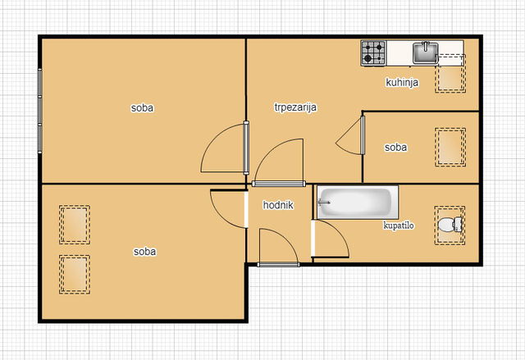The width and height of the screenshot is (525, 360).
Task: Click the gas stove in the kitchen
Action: [x=373, y=53]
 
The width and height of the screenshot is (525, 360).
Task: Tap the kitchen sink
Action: [x=425, y=52]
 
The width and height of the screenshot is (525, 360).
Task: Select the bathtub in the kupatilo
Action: [x=358, y=203]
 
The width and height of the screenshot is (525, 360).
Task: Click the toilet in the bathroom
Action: [x=450, y=225]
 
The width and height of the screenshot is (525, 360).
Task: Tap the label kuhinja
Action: [x=402, y=82]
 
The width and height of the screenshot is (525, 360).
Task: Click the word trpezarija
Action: [x=295, y=107]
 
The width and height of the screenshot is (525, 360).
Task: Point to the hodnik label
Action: [x=278, y=205]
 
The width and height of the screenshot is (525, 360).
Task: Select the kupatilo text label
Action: [x=399, y=226]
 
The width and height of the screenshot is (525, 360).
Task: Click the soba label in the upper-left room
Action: [x=142, y=107]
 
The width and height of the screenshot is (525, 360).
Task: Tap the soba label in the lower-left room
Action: [x=144, y=252]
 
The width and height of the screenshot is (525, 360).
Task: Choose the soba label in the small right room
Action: [x=395, y=148]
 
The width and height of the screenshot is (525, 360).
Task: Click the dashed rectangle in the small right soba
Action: [x=450, y=148]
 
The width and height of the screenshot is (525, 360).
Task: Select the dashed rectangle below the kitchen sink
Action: [x=450, y=73]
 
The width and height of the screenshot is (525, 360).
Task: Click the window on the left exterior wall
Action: [x=40, y=111]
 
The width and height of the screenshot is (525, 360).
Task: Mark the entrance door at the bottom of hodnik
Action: [x=278, y=265]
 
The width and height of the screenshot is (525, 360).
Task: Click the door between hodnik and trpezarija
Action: [x=279, y=184]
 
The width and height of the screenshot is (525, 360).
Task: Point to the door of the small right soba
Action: [x=363, y=135]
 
